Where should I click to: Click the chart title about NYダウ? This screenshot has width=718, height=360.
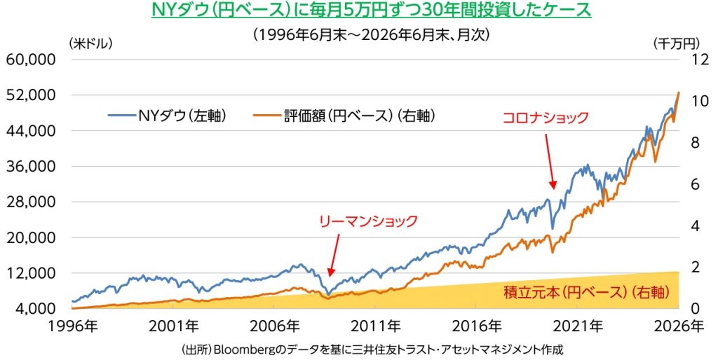click(371, 10)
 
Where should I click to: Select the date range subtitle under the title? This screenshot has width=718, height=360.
click(371, 35)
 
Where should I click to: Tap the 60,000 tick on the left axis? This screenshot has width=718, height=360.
click(31, 60)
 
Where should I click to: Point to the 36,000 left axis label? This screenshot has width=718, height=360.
click(31, 166)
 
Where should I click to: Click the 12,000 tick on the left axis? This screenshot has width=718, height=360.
click(31, 273)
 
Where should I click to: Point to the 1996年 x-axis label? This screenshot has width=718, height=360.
click(72, 326)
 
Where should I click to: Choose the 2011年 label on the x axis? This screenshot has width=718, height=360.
click(376, 326)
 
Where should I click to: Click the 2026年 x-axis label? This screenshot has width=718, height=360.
click(679, 326)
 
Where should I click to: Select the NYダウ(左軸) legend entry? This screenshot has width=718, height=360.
click(168, 116)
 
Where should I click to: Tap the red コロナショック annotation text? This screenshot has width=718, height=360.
click(546, 118)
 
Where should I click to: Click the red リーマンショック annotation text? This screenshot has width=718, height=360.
click(369, 221)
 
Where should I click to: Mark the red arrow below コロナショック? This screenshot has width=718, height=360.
click(550, 161)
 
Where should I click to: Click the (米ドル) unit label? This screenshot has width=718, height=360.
click(90, 43)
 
